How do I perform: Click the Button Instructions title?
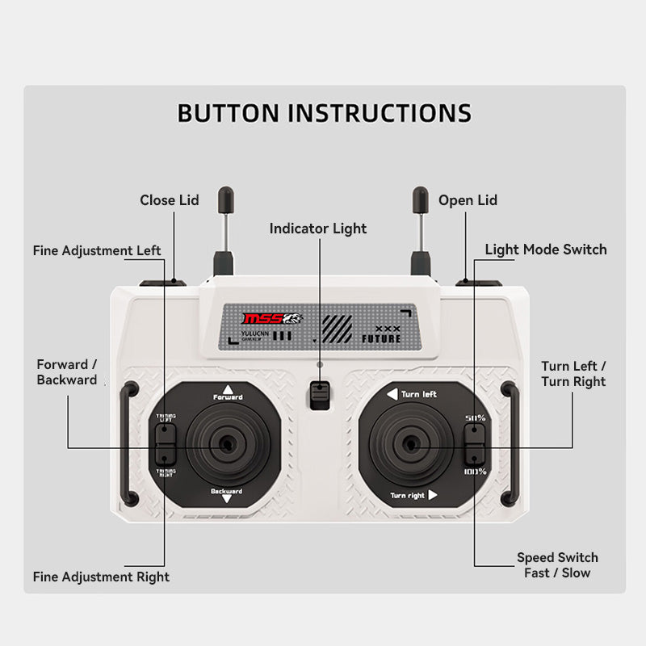pos(324,112)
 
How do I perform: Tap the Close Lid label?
pos(169,200)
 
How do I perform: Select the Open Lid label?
pos(468,200)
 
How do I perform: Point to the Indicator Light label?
pos(318,229)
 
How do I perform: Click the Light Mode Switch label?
pos(546,250)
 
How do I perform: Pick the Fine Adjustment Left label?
pos(97,250)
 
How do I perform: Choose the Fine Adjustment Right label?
pos(101,577)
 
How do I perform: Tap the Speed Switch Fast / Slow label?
pos(557,565)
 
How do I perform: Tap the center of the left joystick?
pos(225,445)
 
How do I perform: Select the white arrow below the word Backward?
pos(227,500)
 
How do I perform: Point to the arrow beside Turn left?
pos(392,394)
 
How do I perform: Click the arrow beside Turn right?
pos(433,495)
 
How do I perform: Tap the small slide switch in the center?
pos(320,396)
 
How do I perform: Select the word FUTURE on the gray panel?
pos(381,338)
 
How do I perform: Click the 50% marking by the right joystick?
pos(475,417)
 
